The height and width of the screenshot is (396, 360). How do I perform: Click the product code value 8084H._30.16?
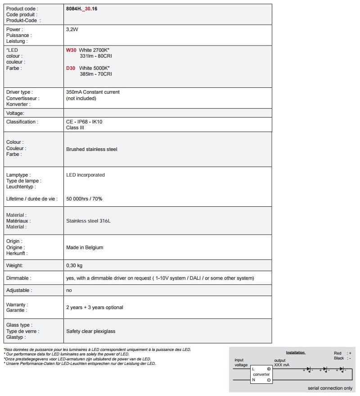pos(81,9)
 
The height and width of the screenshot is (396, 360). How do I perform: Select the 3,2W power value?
pos(72,29)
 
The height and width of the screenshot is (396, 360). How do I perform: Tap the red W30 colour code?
pos(71,50)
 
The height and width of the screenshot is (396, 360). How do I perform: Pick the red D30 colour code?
pos(71,68)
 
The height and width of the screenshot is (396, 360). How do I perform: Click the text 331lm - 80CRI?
pos(96,56)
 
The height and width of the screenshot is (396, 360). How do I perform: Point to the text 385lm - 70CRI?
pos(96,74)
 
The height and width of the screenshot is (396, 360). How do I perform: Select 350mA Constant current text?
pos(93,92)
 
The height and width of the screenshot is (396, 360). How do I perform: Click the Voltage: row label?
pos(15,113)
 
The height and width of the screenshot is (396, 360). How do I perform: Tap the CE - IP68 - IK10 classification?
pos(87,122)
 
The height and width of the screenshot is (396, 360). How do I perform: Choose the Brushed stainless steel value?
pos(91,149)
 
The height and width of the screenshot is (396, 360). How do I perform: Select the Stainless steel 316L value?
pos(88,221)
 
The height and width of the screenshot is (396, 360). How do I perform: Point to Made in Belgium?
pos(85,247)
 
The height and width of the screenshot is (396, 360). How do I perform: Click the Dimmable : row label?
pos(19,278)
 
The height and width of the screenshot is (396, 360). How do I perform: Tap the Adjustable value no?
pos(69,291)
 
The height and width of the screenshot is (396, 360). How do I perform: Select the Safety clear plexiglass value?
pos(90,331)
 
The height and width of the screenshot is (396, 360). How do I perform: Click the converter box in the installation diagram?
pos(261,374)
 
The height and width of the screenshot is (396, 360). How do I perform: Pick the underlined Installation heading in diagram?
pos(296,352)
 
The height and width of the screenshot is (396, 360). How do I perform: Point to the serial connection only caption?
pos(330,388)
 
